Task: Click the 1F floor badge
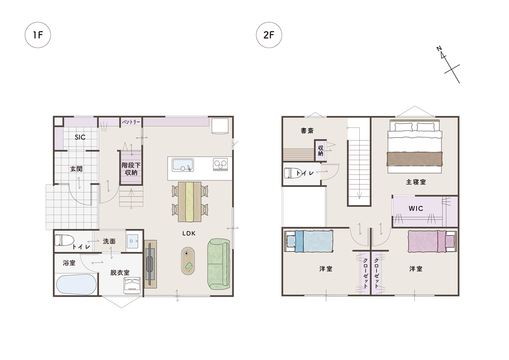tap(38, 35)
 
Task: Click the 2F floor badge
tap(269, 35)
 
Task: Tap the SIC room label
tap(80, 137)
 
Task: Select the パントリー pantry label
tap(131, 122)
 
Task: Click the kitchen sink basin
tap(183, 165)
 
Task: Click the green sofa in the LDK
tap(218, 264)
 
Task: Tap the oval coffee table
tap(188, 261)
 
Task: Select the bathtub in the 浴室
tap(76, 284)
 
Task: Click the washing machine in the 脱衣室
tap(132, 285)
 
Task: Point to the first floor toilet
tap(64, 240)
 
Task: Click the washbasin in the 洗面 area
tap(132, 241)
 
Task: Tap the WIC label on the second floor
tap(416, 208)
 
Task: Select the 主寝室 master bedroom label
tap(416, 182)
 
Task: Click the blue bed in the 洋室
tap(309, 241)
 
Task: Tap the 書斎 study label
tap(307, 131)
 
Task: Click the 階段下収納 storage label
tap(131, 169)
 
